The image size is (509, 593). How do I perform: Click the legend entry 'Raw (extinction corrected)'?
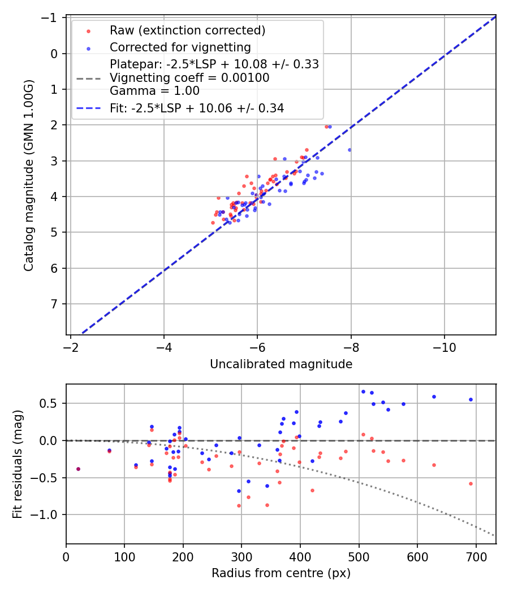(188, 30)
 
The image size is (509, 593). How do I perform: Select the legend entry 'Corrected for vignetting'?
(180, 47)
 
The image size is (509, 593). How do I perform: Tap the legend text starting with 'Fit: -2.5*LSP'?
(197, 108)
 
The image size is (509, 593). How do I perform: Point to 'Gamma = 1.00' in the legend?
(154, 91)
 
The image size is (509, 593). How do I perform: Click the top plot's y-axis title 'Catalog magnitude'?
(29, 176)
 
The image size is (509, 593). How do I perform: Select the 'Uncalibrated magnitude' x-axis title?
(281, 364)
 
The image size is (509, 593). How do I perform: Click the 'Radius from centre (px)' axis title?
(281, 573)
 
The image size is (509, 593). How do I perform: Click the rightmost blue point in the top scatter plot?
(350, 150)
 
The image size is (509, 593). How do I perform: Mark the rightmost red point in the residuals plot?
(471, 483)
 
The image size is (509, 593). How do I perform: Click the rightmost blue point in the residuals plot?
(471, 399)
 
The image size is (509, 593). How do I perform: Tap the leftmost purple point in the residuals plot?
(78, 469)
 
